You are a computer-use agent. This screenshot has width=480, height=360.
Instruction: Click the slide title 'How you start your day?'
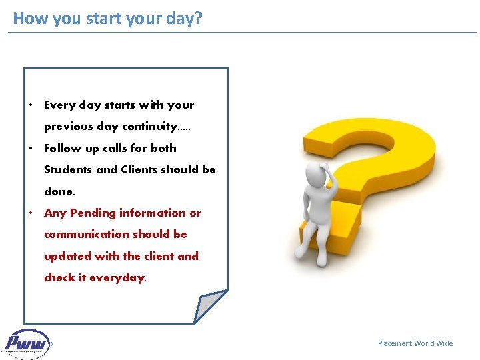click(x=107, y=18)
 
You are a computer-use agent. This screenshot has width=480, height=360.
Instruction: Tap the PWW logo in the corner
click(x=27, y=344)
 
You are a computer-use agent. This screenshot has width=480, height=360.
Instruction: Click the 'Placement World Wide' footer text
click(x=415, y=343)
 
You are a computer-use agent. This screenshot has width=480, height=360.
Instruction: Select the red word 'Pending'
click(x=93, y=213)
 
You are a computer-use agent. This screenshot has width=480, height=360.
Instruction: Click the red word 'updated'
click(x=67, y=256)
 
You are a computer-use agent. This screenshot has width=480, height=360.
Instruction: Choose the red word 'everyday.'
click(x=118, y=278)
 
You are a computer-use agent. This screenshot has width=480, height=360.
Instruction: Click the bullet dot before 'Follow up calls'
click(x=31, y=149)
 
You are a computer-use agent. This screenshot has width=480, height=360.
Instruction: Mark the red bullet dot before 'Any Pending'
click(x=31, y=213)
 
